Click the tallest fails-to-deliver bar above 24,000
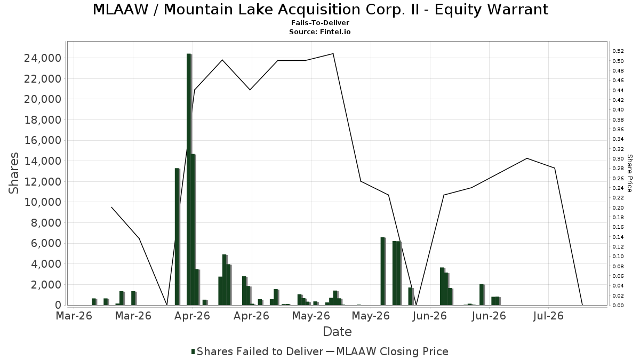189,179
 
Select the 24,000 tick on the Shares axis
43,58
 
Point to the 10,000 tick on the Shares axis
43,202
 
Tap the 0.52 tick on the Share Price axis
618,51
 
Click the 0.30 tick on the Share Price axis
618,159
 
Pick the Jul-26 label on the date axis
548,316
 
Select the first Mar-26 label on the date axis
74,316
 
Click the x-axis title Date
337,332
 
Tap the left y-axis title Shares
13,173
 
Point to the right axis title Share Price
629,173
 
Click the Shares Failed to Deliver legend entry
257,351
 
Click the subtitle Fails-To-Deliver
320,22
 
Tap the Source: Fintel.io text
319,31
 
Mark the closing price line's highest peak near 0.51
333,53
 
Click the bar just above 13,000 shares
177,237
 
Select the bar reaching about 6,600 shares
382,271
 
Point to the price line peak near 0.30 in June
527,158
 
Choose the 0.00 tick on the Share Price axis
618,306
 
